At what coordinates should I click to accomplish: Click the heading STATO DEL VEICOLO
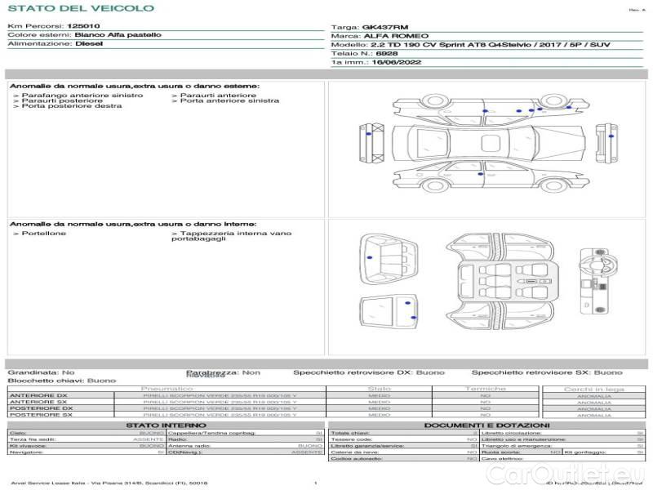click(x=80, y=8)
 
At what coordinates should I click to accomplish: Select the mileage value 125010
click(x=83, y=26)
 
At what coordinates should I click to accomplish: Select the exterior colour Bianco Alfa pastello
click(x=118, y=35)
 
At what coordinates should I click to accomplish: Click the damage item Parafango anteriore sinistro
click(x=82, y=96)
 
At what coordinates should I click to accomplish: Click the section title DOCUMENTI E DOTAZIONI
click(x=486, y=425)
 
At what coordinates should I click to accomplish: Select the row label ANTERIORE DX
click(x=32, y=396)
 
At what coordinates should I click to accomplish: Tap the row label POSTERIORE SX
click(x=33, y=415)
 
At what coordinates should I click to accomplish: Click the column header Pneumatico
click(x=167, y=390)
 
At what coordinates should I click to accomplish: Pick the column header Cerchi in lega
click(x=593, y=390)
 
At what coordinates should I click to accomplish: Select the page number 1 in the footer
click(x=315, y=483)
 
